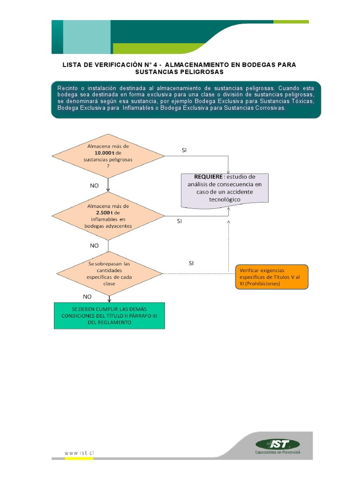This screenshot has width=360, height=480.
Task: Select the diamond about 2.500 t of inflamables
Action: [108, 215]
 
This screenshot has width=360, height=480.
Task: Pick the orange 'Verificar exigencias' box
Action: [272, 277]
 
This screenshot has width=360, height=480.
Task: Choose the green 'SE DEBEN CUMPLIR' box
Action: [109, 316]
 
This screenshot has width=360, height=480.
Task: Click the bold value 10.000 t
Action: [105, 153]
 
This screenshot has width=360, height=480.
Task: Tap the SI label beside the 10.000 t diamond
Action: [184, 150]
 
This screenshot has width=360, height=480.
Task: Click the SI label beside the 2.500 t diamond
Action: [179, 221]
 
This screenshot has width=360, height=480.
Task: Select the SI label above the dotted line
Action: [191, 263]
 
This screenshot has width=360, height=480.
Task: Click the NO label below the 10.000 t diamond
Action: [95, 186]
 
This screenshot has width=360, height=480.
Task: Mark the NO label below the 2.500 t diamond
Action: [94, 245]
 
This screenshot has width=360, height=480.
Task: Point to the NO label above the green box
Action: [87, 297]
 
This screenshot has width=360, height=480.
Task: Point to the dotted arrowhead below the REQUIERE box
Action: [228, 209]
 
